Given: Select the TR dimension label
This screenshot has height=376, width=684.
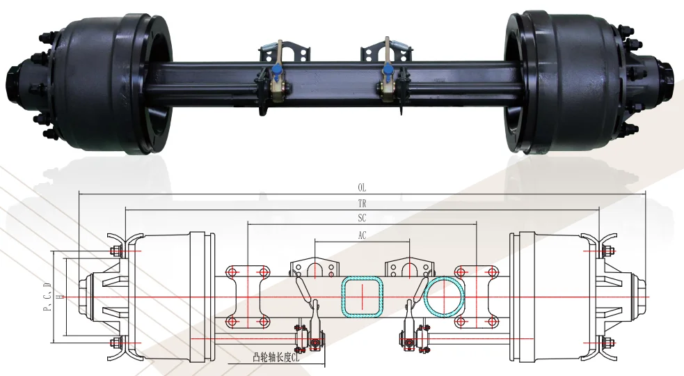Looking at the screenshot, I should pyautogui.click(x=362, y=204).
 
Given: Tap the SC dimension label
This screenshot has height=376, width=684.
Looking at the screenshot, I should pyautogui.click(x=362, y=219).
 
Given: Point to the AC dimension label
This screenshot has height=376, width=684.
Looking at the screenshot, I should pyautogui.click(x=362, y=235).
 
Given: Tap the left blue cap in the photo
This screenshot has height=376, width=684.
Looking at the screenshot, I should pyautogui.click(x=278, y=71).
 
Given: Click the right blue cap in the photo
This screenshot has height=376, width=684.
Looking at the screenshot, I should pyautogui.click(x=387, y=69).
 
